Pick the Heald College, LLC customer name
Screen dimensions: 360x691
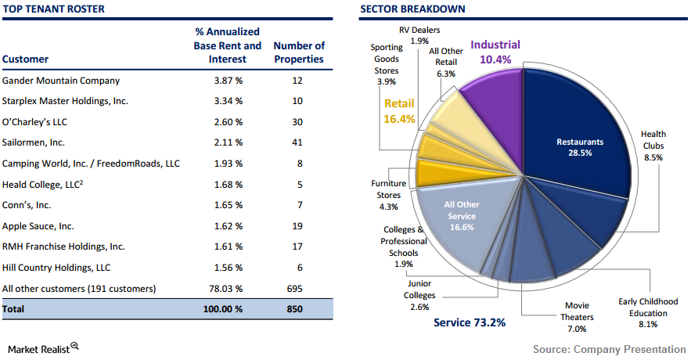click(41, 184)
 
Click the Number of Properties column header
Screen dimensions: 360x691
click(299, 52)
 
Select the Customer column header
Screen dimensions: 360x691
click(25, 59)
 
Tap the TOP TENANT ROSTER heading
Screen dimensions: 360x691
click(53, 9)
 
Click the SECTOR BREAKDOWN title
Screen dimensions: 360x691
click(412, 9)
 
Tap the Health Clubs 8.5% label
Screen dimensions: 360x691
click(653, 146)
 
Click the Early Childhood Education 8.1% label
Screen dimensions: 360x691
click(647, 311)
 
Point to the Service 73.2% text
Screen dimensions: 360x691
click(470, 322)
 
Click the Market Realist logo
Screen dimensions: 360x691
click(43, 347)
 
